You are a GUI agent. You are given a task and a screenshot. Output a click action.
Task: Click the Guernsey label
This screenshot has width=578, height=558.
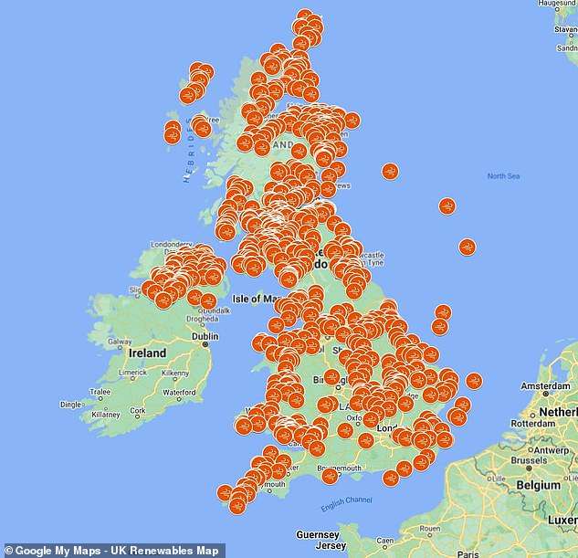317,533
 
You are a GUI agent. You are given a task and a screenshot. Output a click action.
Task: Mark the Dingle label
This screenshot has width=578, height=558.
70,404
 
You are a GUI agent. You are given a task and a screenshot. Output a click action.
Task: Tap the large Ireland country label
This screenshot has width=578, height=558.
147,353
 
